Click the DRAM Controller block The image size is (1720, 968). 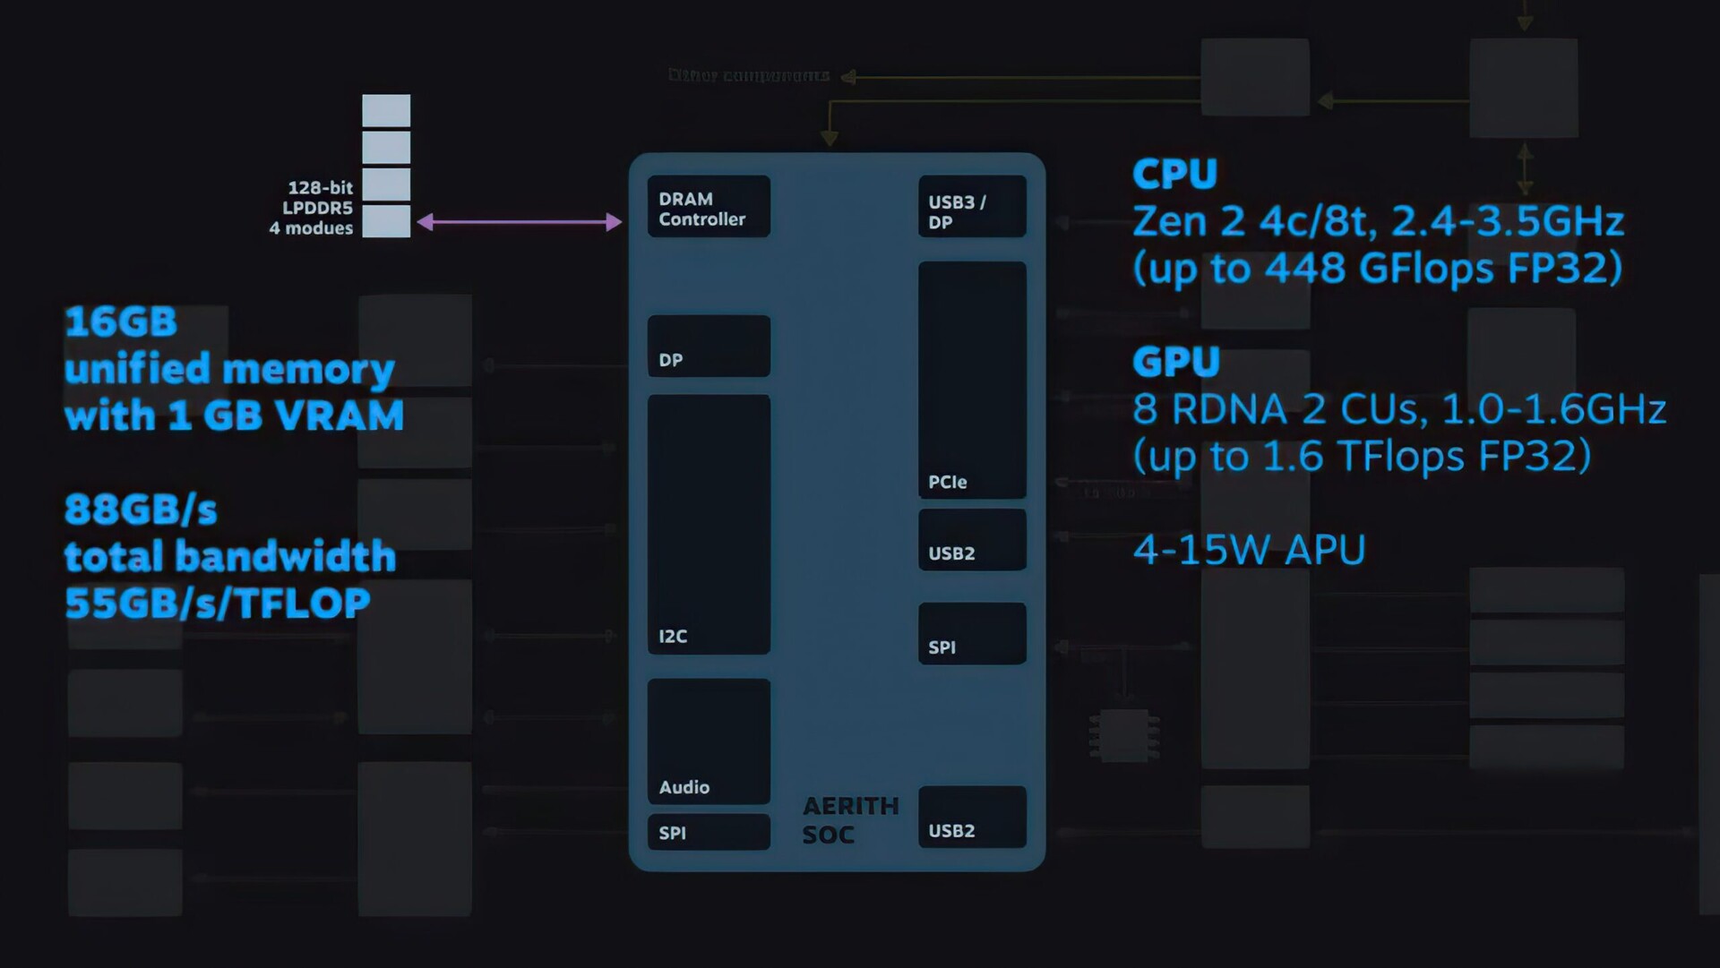pos(708,207)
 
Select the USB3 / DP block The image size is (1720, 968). pos(971,208)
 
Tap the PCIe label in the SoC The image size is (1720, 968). pos(947,482)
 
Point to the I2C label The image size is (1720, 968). pos(673,637)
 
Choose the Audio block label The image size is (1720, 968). pos(684,787)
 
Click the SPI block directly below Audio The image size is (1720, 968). pos(708,832)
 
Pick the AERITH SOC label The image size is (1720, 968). pos(849,820)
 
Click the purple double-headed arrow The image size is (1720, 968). pos(520,222)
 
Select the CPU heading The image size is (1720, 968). pos(1174,174)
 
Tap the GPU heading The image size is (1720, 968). pos(1175,362)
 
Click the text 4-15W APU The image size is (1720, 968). pos(1249,550)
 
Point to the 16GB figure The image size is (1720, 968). pos(121,322)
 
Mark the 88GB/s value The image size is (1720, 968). pos(141,510)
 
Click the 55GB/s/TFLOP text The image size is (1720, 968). pos(217,604)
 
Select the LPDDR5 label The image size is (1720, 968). pos(317,208)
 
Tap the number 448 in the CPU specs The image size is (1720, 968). pos(1304,268)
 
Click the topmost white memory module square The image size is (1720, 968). pos(386,111)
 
